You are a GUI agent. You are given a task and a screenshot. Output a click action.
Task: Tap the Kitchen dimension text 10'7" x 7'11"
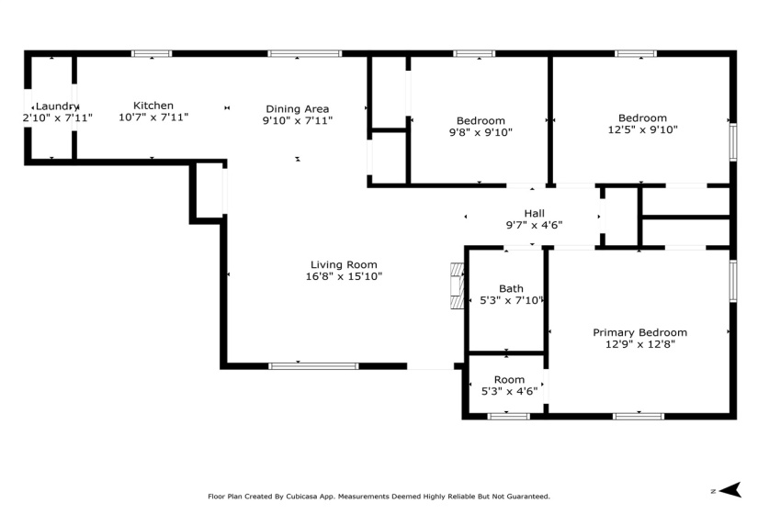(153, 118)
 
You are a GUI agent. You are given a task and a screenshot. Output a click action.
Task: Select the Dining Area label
(297, 108)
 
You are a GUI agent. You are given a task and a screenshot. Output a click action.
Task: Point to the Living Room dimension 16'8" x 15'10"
(344, 276)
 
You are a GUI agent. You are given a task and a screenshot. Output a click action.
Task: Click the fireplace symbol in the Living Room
(457, 287)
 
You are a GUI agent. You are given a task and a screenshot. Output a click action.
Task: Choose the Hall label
(534, 213)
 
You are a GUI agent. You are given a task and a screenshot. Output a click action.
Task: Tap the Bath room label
(511, 288)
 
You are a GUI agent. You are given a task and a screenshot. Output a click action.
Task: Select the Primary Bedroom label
(639, 332)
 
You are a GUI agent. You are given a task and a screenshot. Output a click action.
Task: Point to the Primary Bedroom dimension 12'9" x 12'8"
(639, 345)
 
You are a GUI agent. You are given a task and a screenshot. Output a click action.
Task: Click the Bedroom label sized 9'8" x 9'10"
(481, 120)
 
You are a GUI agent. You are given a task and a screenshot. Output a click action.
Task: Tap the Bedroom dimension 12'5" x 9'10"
(641, 130)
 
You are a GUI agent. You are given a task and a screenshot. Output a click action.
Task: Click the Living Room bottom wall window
(313, 366)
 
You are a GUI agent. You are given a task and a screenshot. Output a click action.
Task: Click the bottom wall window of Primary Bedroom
(639, 417)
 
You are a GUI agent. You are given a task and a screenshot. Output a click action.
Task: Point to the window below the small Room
(508, 417)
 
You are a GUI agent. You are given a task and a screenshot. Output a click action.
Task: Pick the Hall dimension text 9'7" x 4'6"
(534, 226)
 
